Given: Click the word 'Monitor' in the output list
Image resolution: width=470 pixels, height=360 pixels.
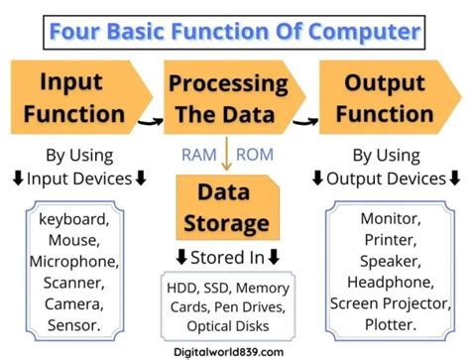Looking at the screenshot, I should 389,216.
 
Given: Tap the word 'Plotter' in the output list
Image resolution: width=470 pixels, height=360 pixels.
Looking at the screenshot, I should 389,323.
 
